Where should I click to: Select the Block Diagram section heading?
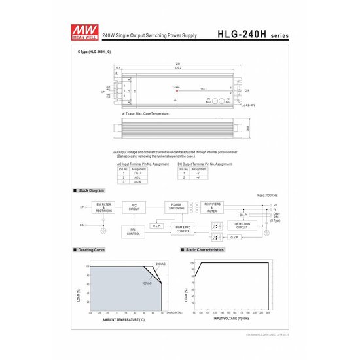(x=90, y=190)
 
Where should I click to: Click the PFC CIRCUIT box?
(x=134, y=207)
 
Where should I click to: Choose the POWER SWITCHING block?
(x=176, y=207)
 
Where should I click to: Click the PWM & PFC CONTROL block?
(x=183, y=228)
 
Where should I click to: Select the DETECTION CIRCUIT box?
(x=242, y=225)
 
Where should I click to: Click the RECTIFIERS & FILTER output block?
(x=212, y=207)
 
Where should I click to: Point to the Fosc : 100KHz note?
(x=268, y=194)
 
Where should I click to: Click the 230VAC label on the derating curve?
(x=160, y=264)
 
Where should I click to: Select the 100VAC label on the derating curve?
(x=147, y=283)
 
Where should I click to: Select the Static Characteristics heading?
(x=205, y=250)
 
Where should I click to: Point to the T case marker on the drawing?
(x=175, y=87)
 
